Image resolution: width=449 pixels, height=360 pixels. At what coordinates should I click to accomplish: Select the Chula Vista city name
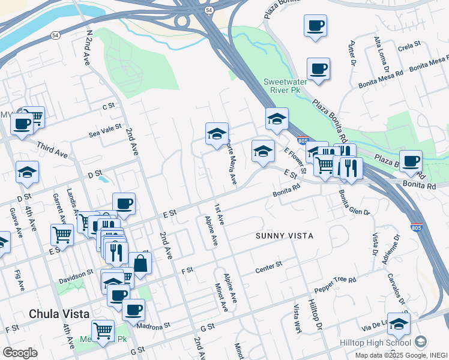coord(59,314)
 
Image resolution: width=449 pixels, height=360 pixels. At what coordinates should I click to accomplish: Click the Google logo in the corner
coord(20,353)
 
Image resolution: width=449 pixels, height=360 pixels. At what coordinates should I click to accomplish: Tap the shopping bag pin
coord(140,263)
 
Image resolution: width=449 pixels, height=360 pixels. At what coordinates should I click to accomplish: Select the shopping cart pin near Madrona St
coord(103,331)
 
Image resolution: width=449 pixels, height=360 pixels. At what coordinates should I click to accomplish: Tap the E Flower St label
coord(295,159)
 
